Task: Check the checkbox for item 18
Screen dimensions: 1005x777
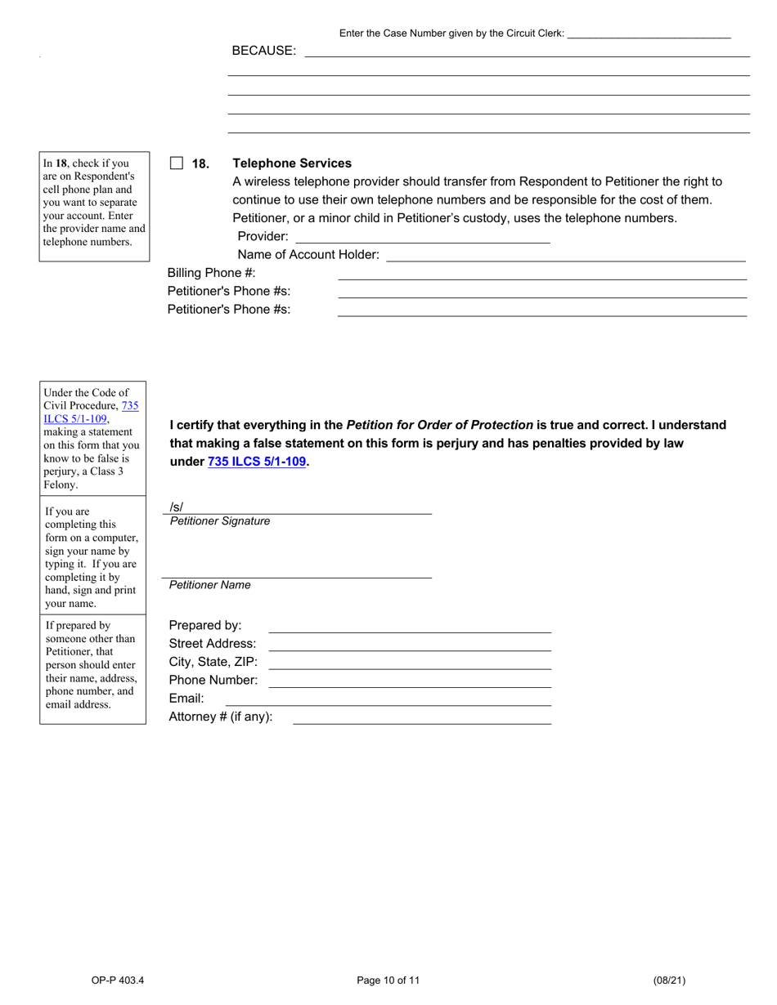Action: click(x=177, y=163)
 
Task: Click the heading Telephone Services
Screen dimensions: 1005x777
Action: click(x=292, y=163)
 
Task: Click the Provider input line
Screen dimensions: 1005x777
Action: click(x=422, y=237)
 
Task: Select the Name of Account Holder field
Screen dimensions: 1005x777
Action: click(x=565, y=255)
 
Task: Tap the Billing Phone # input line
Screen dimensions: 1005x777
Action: click(x=541, y=273)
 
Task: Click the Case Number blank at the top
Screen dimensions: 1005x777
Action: click(x=648, y=33)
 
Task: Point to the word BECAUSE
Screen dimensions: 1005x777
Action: click(x=263, y=51)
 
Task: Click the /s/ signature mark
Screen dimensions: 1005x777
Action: click(x=177, y=507)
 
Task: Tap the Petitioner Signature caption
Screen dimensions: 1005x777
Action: click(x=220, y=521)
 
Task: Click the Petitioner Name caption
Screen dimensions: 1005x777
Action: click(x=210, y=585)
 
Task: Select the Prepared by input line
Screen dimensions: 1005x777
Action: click(x=410, y=626)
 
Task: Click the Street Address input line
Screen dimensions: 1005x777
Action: click(x=410, y=644)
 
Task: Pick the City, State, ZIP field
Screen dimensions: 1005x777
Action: click(x=410, y=662)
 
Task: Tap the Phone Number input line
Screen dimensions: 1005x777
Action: click(x=410, y=680)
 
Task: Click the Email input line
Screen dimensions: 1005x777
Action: click(x=388, y=699)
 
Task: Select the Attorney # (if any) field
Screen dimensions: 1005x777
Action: click(x=422, y=717)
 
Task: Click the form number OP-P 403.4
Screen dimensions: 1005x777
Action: click(x=118, y=980)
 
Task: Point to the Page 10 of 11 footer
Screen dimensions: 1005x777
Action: click(x=388, y=980)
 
